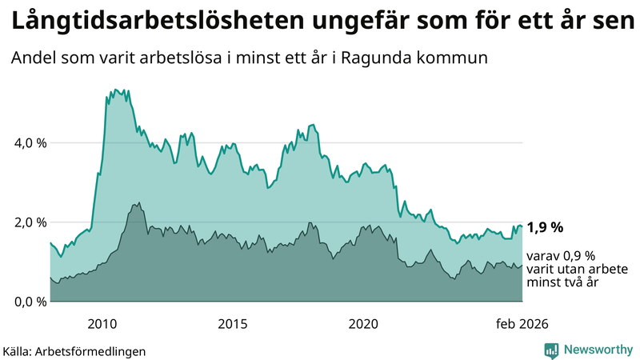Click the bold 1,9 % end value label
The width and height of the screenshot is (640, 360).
point(545,227)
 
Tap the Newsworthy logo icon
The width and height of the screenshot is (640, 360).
point(551,350)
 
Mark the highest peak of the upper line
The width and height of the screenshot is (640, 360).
point(116,90)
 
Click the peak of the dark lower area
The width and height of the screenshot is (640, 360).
point(139,203)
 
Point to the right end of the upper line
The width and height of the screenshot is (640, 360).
point(522,226)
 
